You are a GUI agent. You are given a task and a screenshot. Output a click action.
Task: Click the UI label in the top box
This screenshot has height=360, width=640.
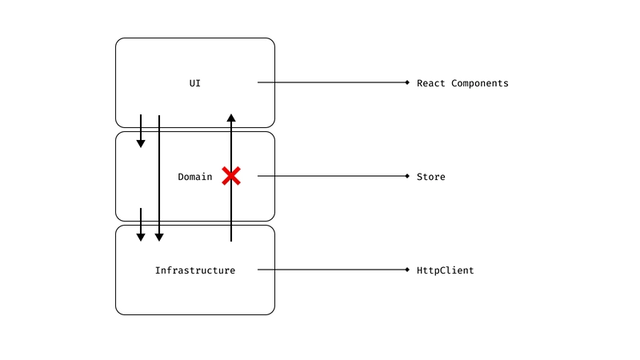point(195,83)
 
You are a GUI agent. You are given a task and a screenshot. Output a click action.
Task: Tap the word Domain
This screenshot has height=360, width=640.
point(195,177)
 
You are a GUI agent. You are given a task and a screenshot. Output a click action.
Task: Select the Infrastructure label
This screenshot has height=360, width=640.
point(195,270)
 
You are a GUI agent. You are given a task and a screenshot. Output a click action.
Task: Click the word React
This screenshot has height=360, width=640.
point(431,83)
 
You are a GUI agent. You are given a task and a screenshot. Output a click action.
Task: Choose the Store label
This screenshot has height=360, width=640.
point(431,177)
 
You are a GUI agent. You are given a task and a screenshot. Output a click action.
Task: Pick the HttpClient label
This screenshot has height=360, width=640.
point(446,270)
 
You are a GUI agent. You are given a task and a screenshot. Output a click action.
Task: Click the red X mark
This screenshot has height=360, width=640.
point(231,176)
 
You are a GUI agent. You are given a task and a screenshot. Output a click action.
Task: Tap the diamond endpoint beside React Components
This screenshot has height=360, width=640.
point(407,83)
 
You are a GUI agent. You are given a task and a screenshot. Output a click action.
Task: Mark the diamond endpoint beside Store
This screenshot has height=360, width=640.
point(407,177)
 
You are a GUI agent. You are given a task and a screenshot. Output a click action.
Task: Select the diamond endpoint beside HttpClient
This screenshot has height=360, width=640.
point(407,270)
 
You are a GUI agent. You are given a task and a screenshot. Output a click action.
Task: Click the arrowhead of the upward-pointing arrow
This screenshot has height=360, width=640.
point(231,118)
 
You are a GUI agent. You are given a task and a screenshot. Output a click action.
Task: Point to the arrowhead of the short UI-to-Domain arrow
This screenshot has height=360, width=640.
point(141,143)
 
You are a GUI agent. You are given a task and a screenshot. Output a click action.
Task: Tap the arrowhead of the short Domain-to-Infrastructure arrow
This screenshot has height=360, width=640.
point(141,237)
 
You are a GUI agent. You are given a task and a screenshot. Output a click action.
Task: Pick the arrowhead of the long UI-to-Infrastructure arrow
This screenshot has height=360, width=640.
point(159,237)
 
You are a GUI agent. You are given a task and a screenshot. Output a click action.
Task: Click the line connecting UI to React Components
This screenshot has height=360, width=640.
point(332,83)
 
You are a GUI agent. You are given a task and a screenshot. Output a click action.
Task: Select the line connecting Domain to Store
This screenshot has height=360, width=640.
point(332,177)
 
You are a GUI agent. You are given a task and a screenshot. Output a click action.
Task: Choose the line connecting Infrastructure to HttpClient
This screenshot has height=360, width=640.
point(332,270)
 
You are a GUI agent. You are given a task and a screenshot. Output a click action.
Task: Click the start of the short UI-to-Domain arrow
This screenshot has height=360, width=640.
point(141,116)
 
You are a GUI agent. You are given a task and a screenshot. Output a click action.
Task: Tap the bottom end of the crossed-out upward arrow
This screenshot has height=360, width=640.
point(231,240)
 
